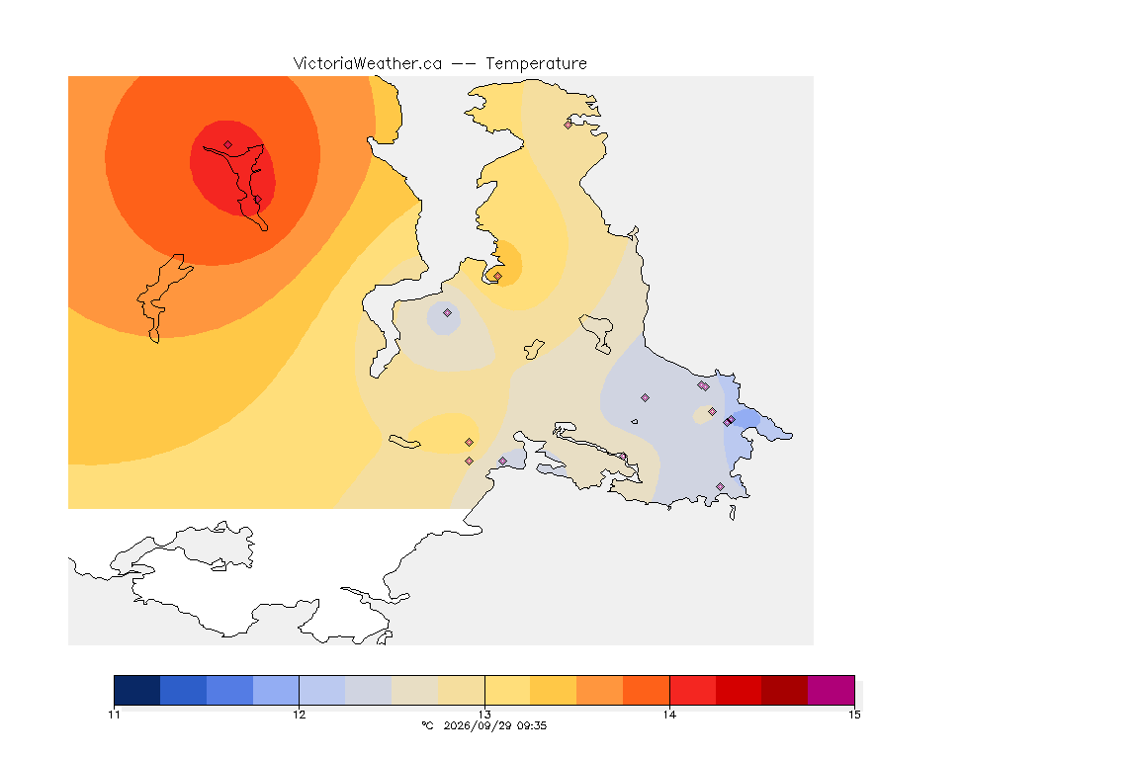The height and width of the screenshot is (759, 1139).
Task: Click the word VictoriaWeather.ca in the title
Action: coord(368,64)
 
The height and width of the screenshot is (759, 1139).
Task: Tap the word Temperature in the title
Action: coord(536,64)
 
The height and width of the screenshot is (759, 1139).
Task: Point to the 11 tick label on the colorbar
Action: coord(114,715)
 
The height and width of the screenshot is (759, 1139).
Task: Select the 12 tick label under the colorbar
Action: coord(300,715)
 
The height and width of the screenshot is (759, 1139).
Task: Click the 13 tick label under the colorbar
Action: coord(484,715)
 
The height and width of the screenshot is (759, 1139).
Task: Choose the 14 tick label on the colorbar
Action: coord(669,715)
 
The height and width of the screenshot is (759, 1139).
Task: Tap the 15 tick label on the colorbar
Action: coord(855,715)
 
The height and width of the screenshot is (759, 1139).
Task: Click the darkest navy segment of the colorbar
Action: coord(137,690)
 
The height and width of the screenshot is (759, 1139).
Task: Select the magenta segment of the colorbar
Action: coord(831,690)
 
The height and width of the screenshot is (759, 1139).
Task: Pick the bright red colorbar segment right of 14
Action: coord(692,690)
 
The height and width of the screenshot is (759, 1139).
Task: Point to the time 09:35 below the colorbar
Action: coord(532,725)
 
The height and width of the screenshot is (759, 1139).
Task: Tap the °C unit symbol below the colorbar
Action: coord(427,725)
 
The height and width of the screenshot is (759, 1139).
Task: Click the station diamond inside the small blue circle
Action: coord(448,313)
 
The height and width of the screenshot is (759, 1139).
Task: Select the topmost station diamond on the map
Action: coord(569,125)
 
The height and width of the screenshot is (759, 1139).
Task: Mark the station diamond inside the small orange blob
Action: coord(497,277)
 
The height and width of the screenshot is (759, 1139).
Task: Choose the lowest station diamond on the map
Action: coord(721,486)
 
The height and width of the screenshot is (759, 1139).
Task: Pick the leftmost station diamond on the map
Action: coord(228,145)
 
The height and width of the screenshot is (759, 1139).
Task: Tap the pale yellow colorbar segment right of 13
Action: coord(507,690)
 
